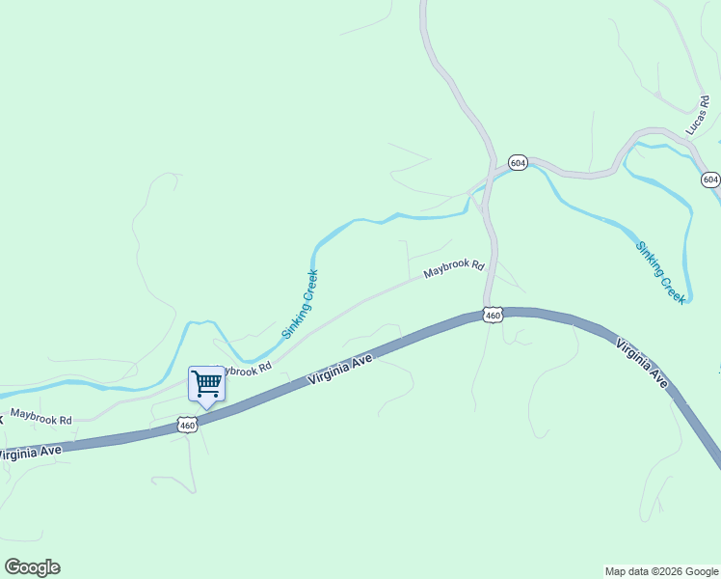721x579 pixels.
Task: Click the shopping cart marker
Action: (206, 384)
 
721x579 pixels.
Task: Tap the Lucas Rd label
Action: (697, 115)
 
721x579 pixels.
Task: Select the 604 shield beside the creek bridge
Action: (518, 162)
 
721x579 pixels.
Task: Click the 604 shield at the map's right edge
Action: (710, 179)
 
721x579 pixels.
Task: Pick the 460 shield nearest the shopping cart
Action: (187, 425)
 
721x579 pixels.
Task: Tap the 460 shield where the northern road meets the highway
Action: (493, 316)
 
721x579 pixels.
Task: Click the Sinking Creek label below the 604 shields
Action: (660, 273)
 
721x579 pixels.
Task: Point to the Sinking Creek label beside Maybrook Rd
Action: (300, 304)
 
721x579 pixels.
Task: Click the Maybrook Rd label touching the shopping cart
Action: (247, 368)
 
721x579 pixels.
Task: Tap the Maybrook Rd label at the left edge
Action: (41, 417)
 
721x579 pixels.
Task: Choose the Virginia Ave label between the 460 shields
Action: (340, 369)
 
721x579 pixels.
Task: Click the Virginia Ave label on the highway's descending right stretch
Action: (641, 364)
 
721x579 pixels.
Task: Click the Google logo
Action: (32, 567)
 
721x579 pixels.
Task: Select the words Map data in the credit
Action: (628, 571)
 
